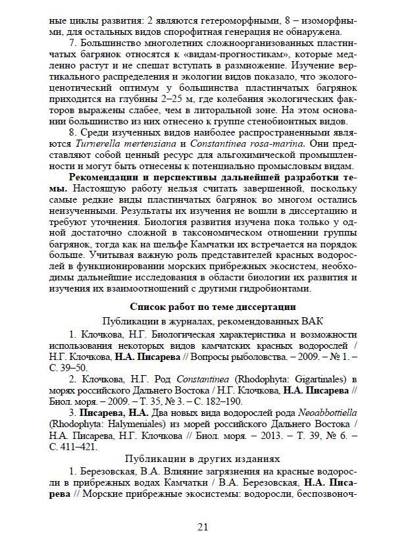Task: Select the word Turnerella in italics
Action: coord(95,143)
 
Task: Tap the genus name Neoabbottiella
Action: coord(320,412)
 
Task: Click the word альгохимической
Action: coord(226,155)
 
